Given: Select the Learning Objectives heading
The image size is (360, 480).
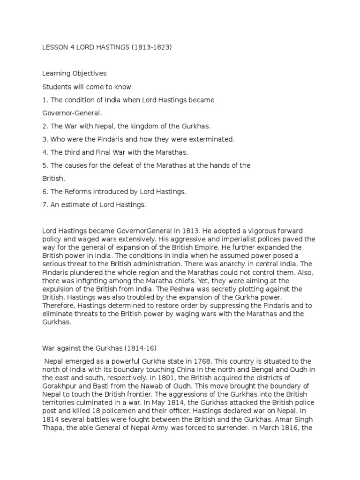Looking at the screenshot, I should [75, 74].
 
